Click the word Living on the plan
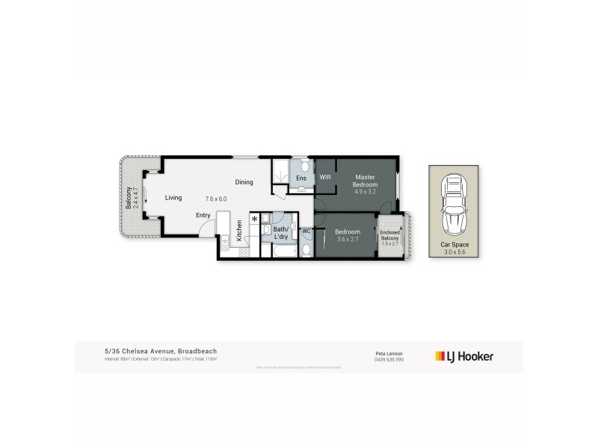tap(173, 198)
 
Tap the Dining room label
tap(244, 182)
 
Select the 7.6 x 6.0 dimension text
tap(216, 199)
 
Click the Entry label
tap(203, 216)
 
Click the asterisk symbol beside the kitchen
tap(255, 219)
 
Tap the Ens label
tap(300, 178)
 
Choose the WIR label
tap(325, 178)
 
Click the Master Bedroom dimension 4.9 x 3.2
tap(366, 191)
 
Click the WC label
tap(306, 231)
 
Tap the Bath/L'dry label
tap(281, 232)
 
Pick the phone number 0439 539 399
tap(390, 359)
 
